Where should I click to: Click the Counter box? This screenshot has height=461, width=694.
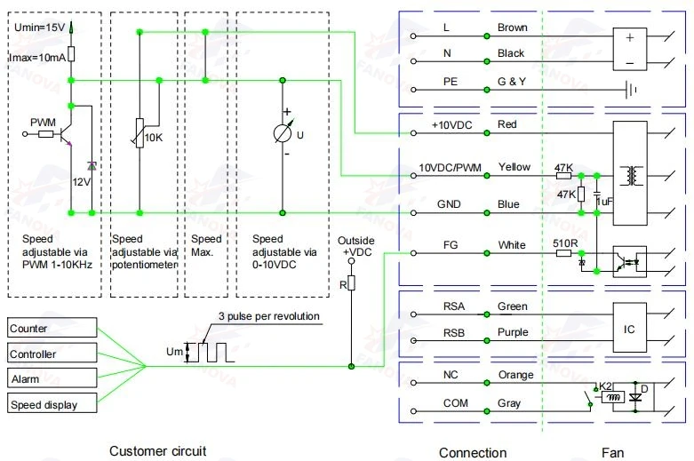click(x=52, y=328)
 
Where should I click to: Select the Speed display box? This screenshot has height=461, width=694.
click(x=52, y=403)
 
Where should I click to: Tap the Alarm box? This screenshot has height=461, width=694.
click(x=52, y=378)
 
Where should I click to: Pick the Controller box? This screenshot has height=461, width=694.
click(x=52, y=353)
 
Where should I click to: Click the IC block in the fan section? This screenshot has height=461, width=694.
click(x=629, y=328)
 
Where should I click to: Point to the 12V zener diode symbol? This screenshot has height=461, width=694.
click(x=92, y=166)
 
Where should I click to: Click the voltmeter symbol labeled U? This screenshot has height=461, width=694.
click(x=283, y=133)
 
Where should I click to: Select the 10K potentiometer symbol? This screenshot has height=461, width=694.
click(x=139, y=132)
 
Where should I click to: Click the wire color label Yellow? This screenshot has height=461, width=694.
click(x=514, y=167)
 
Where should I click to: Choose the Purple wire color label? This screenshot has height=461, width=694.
click(x=513, y=332)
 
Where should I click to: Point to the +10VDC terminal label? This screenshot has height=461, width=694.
click(x=452, y=125)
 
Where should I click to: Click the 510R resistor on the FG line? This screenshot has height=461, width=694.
click(x=563, y=253)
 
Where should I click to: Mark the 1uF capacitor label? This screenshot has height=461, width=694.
click(x=605, y=202)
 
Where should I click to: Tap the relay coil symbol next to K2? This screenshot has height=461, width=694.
click(x=613, y=397)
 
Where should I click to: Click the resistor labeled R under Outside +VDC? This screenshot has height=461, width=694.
click(x=351, y=282)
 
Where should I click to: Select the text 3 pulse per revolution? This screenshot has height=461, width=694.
click(x=269, y=316)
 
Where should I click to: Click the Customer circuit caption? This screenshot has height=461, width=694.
click(x=157, y=451)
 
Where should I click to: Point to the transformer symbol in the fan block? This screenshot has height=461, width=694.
click(x=631, y=176)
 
